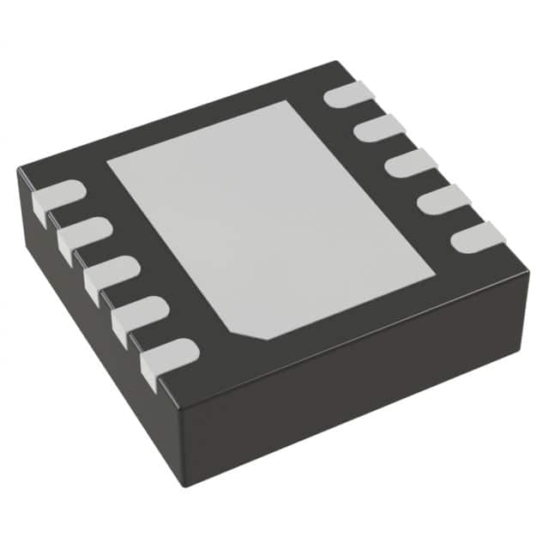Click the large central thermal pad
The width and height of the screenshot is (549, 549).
(270, 219)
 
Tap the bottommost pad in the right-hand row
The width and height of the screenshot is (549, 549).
(477, 236)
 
